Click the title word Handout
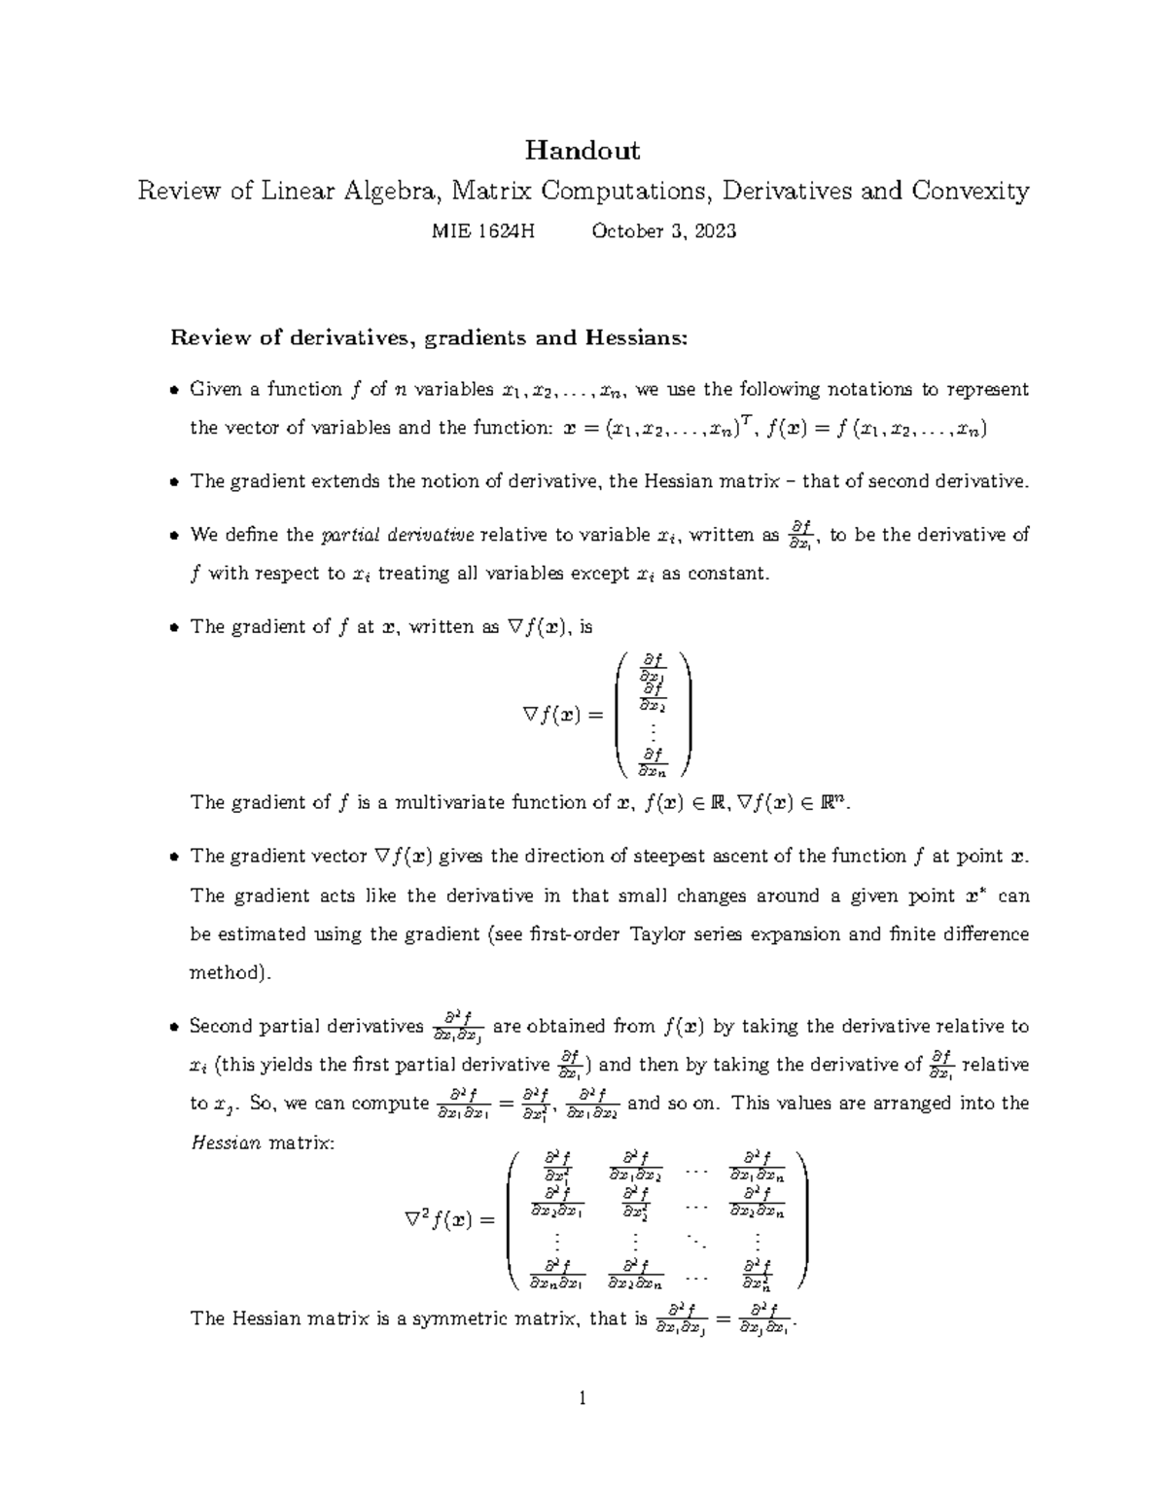pyautogui.click(x=583, y=151)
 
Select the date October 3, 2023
pyautogui.click(x=663, y=231)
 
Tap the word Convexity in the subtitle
pyautogui.click(x=970, y=191)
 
